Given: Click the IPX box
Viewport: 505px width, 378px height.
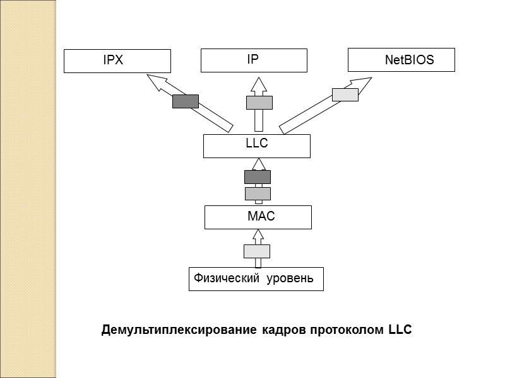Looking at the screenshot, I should (x=117, y=61).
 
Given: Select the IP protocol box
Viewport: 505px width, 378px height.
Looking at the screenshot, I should (x=254, y=60).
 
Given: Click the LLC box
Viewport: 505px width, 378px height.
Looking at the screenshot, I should (x=257, y=146).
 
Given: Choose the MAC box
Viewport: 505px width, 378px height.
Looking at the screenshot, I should (x=258, y=217).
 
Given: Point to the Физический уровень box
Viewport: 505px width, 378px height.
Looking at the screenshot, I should (x=256, y=278).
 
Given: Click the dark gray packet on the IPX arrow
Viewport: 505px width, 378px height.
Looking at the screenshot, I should (x=186, y=101).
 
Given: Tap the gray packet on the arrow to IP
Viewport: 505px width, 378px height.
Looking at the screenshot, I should (x=259, y=102).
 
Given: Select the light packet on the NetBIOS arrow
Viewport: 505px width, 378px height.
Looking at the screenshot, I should (x=345, y=94).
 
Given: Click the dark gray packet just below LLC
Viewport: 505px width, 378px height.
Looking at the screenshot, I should (x=258, y=177).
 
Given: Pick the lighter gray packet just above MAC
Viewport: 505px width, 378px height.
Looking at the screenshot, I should (x=258, y=193).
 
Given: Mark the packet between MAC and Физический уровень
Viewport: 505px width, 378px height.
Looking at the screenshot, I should (x=257, y=251).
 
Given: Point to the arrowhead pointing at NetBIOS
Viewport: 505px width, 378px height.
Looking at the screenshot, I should (x=363, y=83).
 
